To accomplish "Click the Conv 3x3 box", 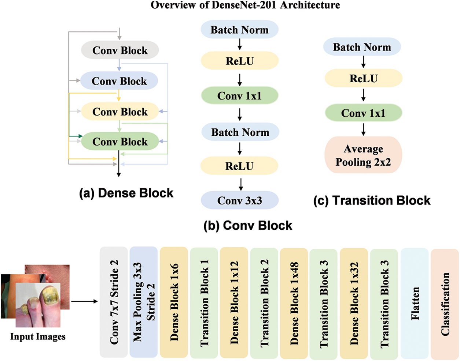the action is pyautogui.click(x=240, y=200).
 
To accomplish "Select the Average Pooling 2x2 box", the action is pyautogui.click(x=363, y=155).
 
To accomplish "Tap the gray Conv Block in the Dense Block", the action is pyautogui.click(x=120, y=50).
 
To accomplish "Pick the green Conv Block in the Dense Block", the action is pyautogui.click(x=120, y=141).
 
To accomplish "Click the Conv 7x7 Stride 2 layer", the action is pyautogui.click(x=114, y=302).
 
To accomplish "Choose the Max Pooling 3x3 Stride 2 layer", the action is pyautogui.click(x=144, y=302).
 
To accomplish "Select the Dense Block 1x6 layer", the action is pyautogui.click(x=174, y=302).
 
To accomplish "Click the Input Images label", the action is pyautogui.click(x=38, y=336).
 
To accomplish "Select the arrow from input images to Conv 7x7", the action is pyautogui.click(x=84, y=301).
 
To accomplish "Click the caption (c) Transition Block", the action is pyautogui.click(x=372, y=200).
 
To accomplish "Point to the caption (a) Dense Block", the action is pyautogui.click(x=126, y=193).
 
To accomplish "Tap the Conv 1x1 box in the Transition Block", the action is pyautogui.click(x=363, y=113).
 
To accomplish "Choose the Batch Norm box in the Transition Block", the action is pyautogui.click(x=362, y=47).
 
